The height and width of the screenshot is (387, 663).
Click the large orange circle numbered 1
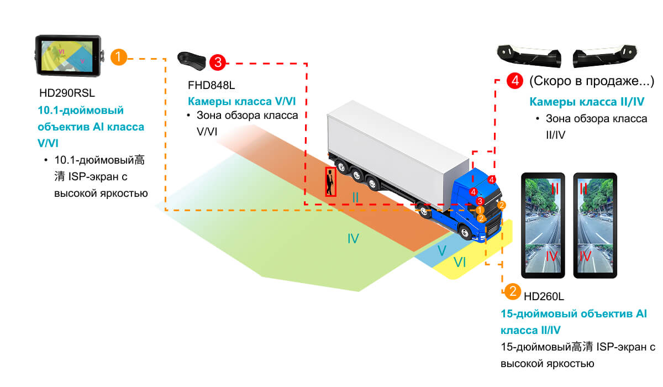[119, 57]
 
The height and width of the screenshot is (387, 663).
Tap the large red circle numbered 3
[218, 62]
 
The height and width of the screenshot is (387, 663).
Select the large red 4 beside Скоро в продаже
[515, 81]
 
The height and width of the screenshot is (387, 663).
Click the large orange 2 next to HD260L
[513, 291]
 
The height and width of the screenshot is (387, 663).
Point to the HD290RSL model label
[67, 93]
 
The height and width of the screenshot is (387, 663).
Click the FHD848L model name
[211, 85]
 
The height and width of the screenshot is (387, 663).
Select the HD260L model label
[544, 296]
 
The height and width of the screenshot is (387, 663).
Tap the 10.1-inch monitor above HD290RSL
[69, 55]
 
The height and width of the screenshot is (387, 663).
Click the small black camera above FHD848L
[192, 61]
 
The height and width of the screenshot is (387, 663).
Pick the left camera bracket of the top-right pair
[529, 56]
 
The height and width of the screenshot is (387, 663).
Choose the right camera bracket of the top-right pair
[605, 56]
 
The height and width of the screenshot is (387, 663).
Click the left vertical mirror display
[543, 226]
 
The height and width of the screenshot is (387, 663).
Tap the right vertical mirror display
[595, 226]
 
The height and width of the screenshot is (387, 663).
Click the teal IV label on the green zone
[353, 238]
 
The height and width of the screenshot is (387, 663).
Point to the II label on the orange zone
[355, 197]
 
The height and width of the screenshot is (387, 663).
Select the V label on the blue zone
[442, 250]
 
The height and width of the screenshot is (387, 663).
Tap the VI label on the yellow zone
[460, 263]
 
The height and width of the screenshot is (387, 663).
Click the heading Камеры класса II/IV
[587, 102]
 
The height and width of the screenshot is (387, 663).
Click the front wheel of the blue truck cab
[465, 233]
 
